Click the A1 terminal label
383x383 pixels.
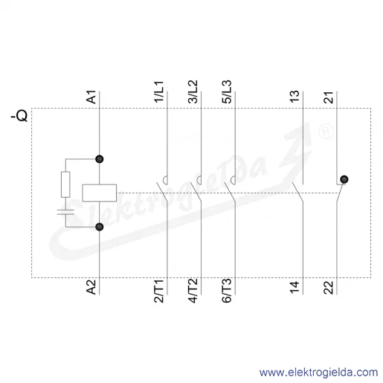91,97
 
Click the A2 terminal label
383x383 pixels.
91,287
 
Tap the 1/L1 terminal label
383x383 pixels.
159,91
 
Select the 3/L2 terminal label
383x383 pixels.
193,91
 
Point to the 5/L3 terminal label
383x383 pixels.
227,91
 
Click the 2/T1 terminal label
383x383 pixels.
159,292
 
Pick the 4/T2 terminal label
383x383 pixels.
193,291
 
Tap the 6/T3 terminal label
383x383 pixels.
227,291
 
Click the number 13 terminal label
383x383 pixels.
295,97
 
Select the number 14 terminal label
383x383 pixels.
295,288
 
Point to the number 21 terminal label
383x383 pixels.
329,97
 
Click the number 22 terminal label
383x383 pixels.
329,288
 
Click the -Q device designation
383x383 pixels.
19,116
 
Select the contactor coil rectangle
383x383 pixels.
100,193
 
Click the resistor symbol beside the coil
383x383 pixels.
65,184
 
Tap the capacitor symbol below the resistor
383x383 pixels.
65,212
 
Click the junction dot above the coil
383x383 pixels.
100,159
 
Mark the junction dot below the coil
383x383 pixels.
100,227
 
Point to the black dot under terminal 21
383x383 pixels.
344,179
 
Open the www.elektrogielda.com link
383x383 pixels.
318,373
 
